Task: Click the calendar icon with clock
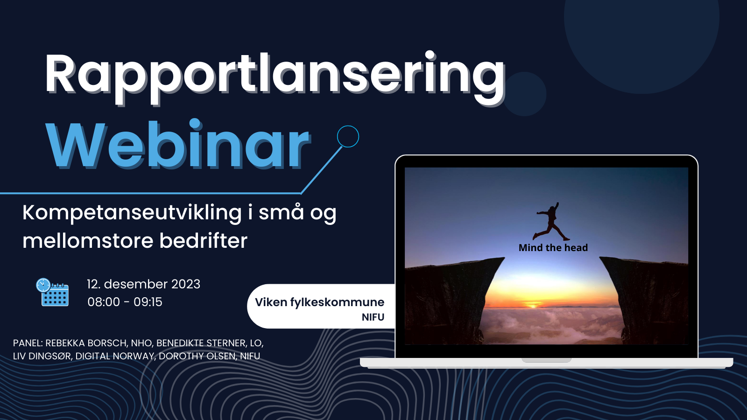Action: (x=52, y=292)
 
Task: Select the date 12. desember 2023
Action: (x=143, y=284)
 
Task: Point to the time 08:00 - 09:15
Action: (x=125, y=302)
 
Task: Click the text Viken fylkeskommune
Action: (x=319, y=302)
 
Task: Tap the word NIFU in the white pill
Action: (x=373, y=317)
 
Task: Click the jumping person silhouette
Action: (x=551, y=222)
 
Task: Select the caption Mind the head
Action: (x=553, y=248)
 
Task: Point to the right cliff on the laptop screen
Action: (x=649, y=299)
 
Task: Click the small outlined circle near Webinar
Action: (x=348, y=136)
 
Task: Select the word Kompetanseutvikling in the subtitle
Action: (x=132, y=213)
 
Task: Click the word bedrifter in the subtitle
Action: (x=203, y=241)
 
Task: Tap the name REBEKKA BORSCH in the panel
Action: (x=86, y=343)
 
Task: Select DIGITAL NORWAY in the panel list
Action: (x=114, y=356)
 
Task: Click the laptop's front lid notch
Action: (x=546, y=360)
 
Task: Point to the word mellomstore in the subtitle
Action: (x=88, y=241)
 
